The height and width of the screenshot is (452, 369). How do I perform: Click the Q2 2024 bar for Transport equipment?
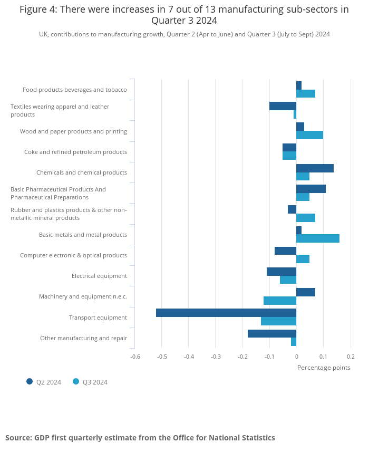click(226, 313)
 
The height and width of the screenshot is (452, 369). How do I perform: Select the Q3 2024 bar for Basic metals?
click(318, 238)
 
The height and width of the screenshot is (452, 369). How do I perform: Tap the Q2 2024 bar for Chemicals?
click(315, 168)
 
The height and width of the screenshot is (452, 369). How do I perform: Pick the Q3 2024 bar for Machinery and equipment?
click(280, 301)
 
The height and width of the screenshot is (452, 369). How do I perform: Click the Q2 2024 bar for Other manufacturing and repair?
click(272, 333)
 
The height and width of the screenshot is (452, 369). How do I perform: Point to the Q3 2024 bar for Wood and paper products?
click(309, 135)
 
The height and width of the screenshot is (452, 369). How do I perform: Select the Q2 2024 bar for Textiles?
click(283, 106)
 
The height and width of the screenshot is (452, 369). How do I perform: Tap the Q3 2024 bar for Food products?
click(306, 94)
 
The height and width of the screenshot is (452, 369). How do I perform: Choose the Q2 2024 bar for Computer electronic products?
click(285, 251)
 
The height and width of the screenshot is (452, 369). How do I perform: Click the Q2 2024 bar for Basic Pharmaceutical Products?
click(311, 189)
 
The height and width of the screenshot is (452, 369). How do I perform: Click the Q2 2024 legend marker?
click(30, 381)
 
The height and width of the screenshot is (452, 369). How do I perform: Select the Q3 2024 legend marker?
click(76, 381)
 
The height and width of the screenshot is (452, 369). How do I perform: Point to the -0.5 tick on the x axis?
click(162, 356)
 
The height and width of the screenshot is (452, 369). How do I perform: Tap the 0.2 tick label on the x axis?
click(351, 356)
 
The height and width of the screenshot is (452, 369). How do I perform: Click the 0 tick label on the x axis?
click(296, 356)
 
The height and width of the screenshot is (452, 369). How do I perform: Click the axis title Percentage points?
click(324, 368)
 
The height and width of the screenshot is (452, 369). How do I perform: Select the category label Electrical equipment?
click(99, 276)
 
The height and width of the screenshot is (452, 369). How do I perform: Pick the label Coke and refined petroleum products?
click(75, 152)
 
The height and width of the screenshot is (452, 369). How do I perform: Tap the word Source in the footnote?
click(18, 438)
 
